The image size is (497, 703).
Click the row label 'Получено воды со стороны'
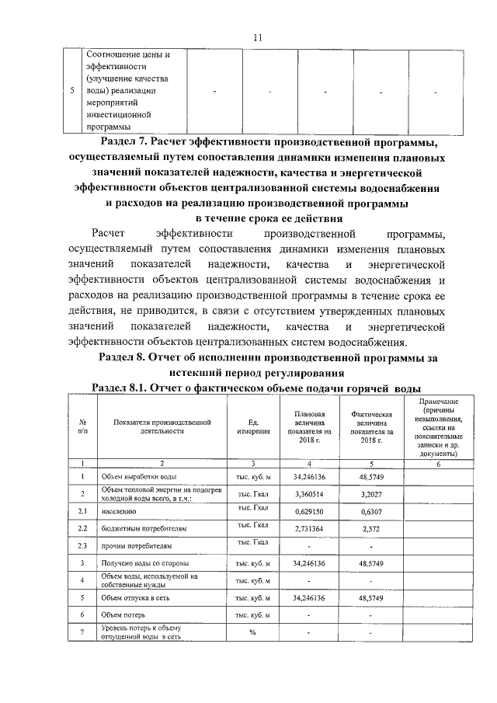pyautogui.click(x=144, y=562)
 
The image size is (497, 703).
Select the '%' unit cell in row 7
pyautogui.click(x=252, y=632)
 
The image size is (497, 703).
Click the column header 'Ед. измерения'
pyautogui.click(x=252, y=426)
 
